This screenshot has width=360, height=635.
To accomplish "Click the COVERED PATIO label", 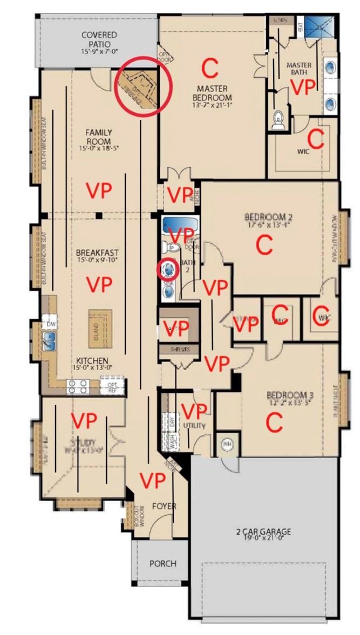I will tap(99, 39).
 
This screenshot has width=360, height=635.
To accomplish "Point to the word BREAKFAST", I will tap(97, 252).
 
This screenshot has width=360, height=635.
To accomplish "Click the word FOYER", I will tap(164, 507).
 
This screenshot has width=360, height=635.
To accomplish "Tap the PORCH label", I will tap(162, 563).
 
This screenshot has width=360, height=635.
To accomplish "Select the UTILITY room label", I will tap(194, 426).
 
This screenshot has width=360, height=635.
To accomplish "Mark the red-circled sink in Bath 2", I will tap(168, 268).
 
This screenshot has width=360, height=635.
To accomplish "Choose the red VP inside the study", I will tap(84, 420).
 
